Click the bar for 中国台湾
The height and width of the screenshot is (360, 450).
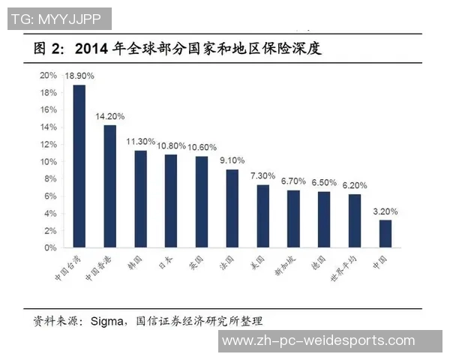click(79, 166)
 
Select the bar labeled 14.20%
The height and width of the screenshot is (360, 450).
click(109, 186)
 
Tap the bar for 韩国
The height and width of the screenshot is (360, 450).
click(140, 199)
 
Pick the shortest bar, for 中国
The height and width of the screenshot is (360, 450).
click(385, 233)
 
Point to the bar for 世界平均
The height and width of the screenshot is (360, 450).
click(354, 220)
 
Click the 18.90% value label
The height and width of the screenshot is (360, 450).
click(79, 76)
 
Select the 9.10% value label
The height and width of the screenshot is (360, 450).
click(232, 160)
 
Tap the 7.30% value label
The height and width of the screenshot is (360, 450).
click(262, 176)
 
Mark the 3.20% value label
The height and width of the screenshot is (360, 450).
click(385, 211)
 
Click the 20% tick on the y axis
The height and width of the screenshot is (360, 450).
click(49, 76)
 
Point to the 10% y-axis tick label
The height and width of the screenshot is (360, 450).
click(49, 161)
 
